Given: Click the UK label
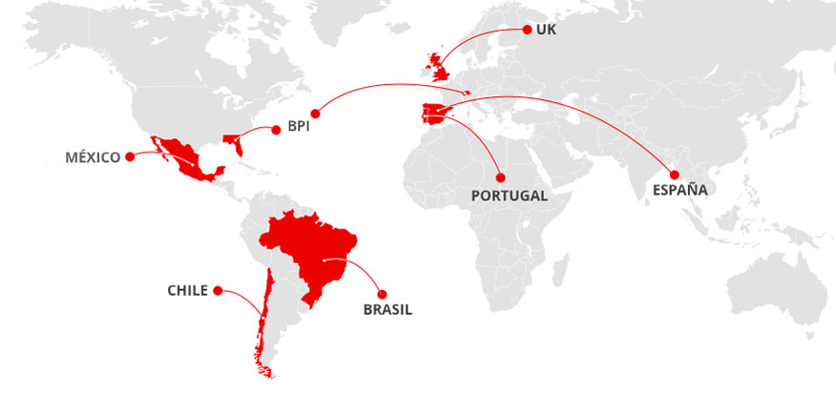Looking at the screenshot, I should click(546, 30).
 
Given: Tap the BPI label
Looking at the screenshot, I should click(299, 126).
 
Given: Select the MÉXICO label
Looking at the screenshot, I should click(93, 157).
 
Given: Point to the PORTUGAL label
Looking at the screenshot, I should click(510, 196).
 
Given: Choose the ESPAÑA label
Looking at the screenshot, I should click(679, 190).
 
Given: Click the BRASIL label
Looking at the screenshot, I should click(387, 309).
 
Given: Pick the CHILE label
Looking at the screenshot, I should click(187, 290).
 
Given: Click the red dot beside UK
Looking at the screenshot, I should click(526, 30).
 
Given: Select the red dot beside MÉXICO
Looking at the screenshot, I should click(130, 157).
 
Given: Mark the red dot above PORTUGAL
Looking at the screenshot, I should click(499, 177).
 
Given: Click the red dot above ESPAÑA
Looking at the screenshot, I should click(674, 174).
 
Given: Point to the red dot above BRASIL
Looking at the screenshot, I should click(383, 293).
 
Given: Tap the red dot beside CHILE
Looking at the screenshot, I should click(218, 290).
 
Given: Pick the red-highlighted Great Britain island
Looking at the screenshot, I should click(440, 66).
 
